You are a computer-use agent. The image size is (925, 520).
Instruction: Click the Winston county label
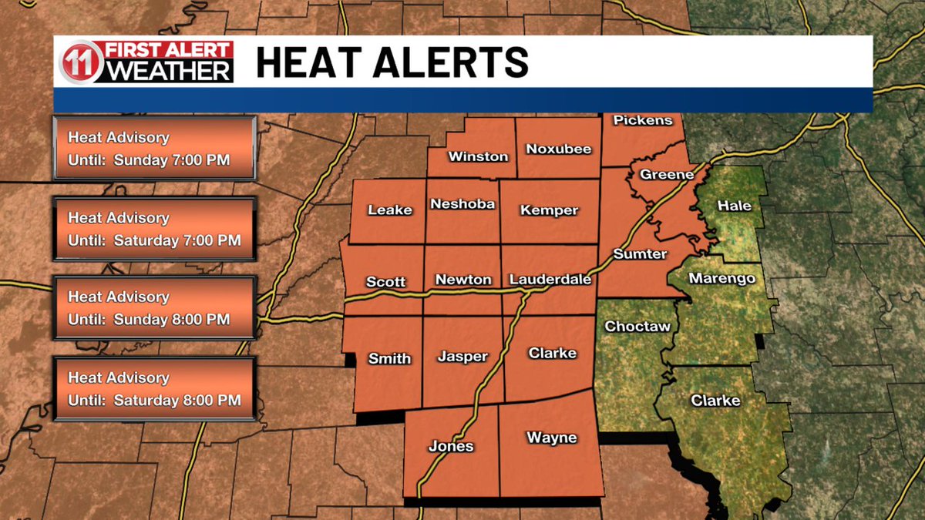[x=478, y=156]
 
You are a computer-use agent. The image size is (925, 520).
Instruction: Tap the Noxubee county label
[x=558, y=149]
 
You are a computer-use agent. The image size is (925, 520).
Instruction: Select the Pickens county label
[x=643, y=120]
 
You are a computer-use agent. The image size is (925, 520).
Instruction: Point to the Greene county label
[x=666, y=174]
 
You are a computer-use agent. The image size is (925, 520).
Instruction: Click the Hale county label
[x=734, y=206]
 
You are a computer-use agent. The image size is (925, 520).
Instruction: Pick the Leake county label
[x=390, y=210]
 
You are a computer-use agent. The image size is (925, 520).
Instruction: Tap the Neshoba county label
[x=462, y=204]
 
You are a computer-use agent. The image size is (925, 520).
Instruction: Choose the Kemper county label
[x=549, y=210]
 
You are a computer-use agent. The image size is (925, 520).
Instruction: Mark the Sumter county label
[x=640, y=253]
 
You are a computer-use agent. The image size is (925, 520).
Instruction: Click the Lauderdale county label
[x=550, y=280]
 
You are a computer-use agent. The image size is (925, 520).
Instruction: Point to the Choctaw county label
[x=637, y=327]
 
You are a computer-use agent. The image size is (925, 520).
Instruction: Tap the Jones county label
[x=451, y=446]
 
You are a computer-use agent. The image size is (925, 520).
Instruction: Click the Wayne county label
[x=551, y=438]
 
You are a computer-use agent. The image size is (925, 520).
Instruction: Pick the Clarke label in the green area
[x=715, y=401]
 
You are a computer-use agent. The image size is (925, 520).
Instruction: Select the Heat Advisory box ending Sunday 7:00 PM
[x=154, y=149]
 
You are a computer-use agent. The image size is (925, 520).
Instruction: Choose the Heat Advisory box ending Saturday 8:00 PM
[x=154, y=389]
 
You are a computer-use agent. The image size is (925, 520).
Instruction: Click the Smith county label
[x=389, y=358]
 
